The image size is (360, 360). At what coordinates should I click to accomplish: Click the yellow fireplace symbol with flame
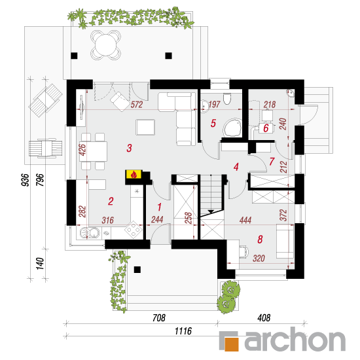pos(134,175)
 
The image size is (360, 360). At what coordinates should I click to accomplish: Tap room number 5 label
pos(213,123)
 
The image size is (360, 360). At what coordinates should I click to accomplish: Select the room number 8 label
pos(260,240)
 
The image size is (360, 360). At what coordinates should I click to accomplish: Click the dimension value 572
pos(137,105)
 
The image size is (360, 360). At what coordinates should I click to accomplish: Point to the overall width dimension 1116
pos(183,331)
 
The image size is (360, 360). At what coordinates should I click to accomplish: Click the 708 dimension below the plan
pos(159,317)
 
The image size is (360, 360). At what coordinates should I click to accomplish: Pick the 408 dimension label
pos(264,317)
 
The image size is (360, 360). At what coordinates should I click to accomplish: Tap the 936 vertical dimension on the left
pos(26,180)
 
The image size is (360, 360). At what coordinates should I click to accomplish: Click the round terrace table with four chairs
pos(106,45)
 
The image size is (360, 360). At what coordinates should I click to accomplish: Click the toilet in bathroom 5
pos(227,98)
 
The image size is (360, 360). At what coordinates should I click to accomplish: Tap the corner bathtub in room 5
pos(233,128)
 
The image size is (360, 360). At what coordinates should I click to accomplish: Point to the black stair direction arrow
pos(211,211)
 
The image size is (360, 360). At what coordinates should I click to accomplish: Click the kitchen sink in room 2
pos(90,233)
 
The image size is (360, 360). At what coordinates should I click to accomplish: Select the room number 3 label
pos(129,148)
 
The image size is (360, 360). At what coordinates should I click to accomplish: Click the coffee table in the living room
pos(145,127)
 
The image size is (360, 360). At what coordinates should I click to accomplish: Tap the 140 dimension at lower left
pos(40,264)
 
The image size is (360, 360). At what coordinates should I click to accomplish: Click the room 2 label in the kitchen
pos(111,202)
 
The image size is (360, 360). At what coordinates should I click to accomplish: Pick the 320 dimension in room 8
pos(259,259)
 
